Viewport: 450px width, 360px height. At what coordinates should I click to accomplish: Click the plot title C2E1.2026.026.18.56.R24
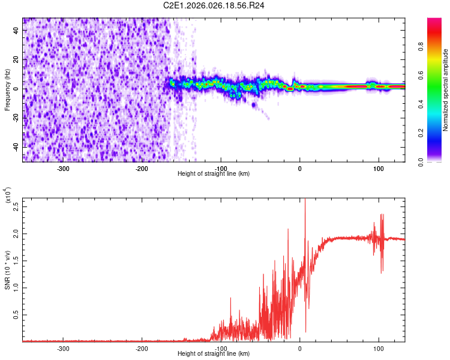tap(214, 5)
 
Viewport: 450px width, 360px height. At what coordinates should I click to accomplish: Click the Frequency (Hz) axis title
tap(7, 90)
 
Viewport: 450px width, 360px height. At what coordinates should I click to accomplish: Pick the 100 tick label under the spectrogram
tap(379, 169)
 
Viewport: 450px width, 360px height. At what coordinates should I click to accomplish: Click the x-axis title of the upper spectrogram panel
tap(214, 174)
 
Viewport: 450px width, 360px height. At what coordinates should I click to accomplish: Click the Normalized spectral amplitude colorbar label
tap(446, 90)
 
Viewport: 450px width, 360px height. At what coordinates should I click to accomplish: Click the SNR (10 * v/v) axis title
tap(7, 269)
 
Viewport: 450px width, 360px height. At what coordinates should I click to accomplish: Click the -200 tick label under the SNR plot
tap(142, 348)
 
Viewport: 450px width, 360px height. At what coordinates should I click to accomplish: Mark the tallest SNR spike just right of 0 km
tap(305, 200)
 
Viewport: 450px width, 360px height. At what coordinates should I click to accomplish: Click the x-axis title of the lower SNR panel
tap(214, 354)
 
